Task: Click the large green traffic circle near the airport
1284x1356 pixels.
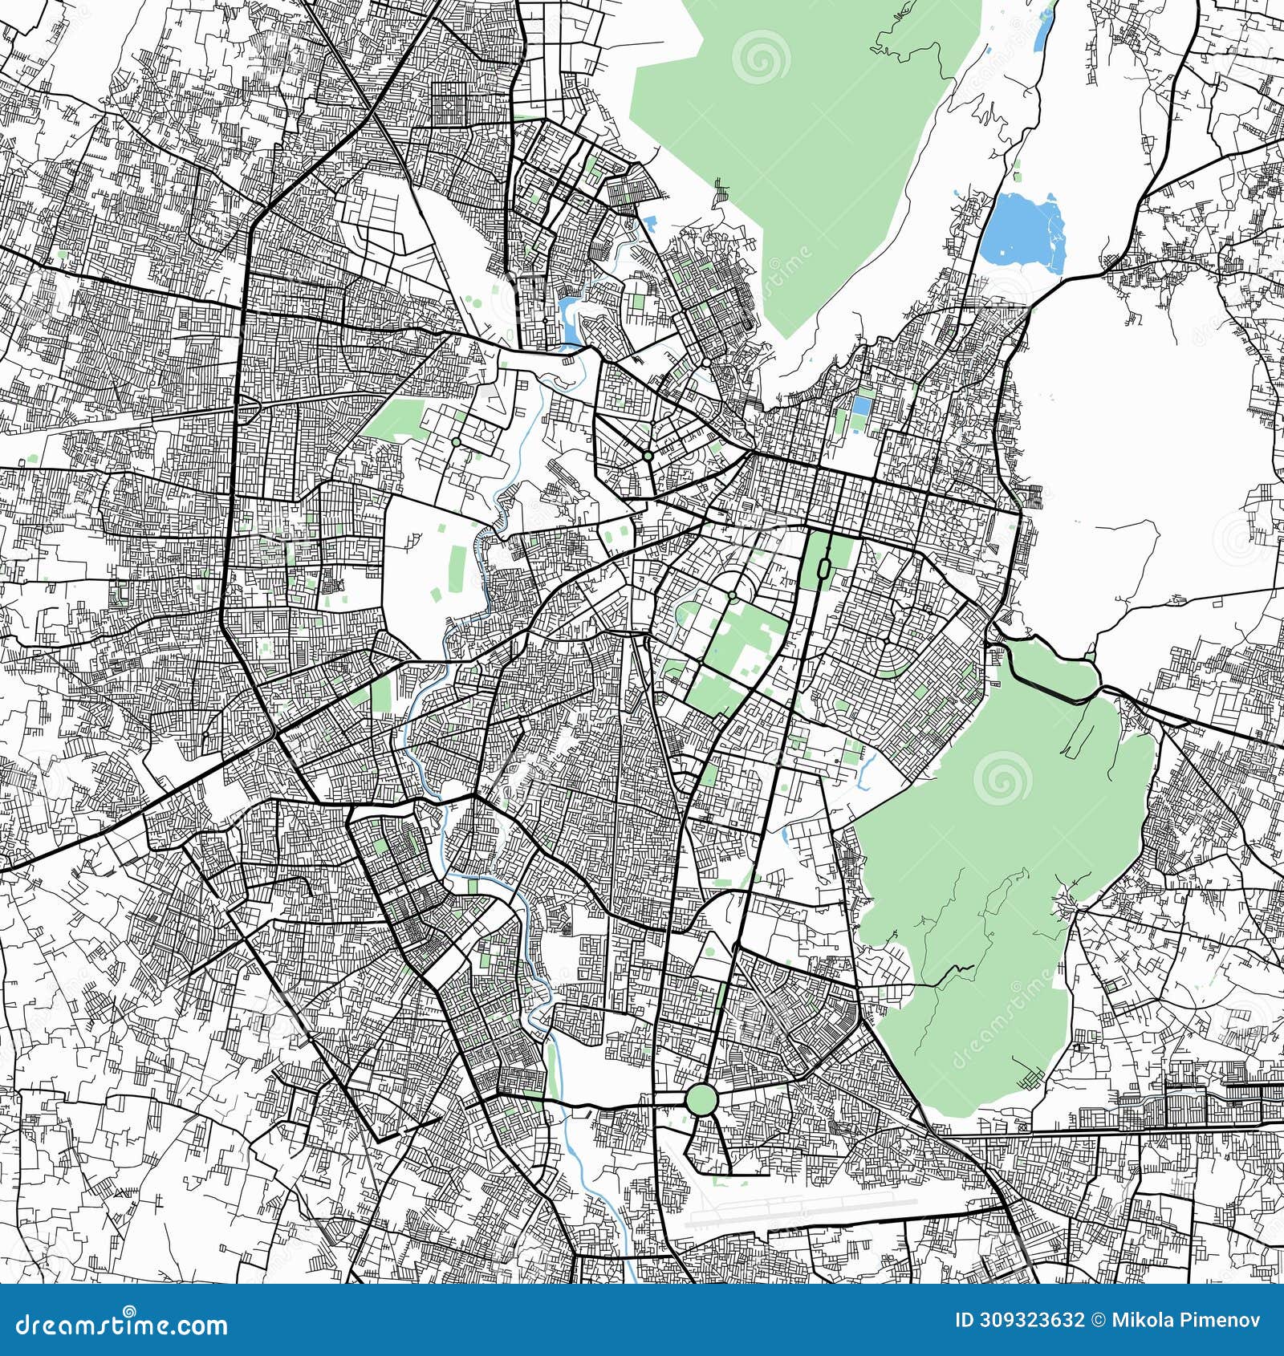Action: (700, 1099)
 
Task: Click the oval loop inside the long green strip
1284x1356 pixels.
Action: (823, 568)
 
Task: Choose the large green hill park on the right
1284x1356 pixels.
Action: (1003, 867)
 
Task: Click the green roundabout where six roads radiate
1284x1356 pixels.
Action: (647, 456)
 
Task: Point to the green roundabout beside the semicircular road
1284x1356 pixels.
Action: (733, 595)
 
